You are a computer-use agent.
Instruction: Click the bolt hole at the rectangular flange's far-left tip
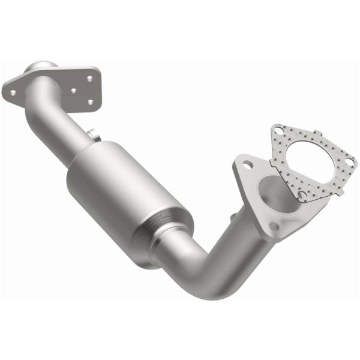point(11,91)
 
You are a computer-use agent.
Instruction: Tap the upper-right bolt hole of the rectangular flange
point(89,78)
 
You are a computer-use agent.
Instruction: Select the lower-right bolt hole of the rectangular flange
point(90,103)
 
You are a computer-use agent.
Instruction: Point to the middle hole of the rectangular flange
point(73,92)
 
